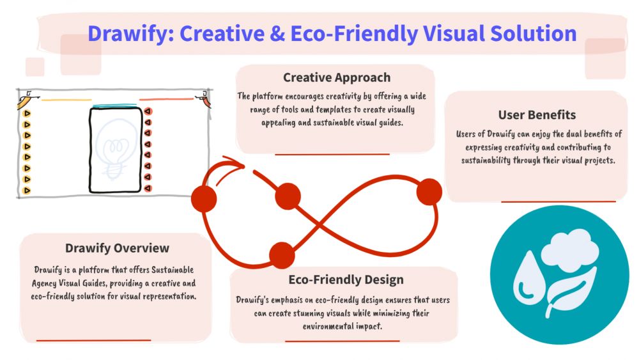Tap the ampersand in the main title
click(x=277, y=33)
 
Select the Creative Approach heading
click(x=337, y=77)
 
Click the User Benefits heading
click(x=537, y=115)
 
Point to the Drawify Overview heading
click(x=117, y=248)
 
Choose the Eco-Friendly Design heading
click(x=346, y=279)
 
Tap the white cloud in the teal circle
click(x=570, y=249)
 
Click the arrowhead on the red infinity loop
click(x=235, y=163)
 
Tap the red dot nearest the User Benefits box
click(x=429, y=192)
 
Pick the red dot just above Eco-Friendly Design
click(x=282, y=255)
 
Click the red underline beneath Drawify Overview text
click(x=93, y=340)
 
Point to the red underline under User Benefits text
click(x=558, y=201)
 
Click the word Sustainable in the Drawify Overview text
click(x=173, y=270)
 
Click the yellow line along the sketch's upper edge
click(x=66, y=100)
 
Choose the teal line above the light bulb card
click(x=115, y=106)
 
